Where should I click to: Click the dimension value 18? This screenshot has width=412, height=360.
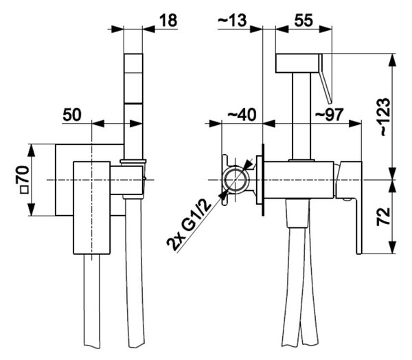tap(168, 20)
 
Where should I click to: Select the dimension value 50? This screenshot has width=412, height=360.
tap(72, 115)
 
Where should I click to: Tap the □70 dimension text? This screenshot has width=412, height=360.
tap(24, 179)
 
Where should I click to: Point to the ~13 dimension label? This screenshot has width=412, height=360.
tap(232, 20)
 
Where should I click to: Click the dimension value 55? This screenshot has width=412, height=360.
tap(304, 20)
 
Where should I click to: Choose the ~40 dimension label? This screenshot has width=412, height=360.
tap(242, 115)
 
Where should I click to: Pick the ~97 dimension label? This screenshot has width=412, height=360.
tap(329, 115)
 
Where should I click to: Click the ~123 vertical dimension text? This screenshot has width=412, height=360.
tap(385, 117)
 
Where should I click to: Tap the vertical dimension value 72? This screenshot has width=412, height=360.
tap(384, 216)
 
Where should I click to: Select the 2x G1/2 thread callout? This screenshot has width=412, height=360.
tap(189, 225)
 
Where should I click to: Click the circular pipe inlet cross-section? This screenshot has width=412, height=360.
tap(235, 179)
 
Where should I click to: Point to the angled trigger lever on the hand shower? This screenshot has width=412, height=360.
tap(325, 78)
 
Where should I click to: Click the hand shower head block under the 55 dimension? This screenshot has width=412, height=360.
tap(297, 63)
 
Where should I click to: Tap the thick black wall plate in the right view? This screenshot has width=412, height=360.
tap(263, 180)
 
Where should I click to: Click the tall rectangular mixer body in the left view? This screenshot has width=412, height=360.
tap(91, 207)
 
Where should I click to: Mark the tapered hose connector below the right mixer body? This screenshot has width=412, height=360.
tap(297, 213)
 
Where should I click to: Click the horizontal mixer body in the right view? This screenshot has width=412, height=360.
tap(299, 180)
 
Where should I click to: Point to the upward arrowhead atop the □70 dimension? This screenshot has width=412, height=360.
tap(32, 150)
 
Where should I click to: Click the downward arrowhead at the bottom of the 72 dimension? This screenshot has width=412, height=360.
tap(392, 248)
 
